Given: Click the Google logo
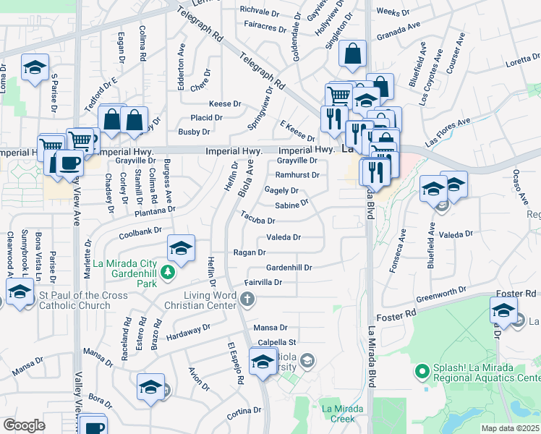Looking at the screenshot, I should [x=24, y=425].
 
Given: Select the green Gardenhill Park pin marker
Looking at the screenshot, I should [x=168, y=273].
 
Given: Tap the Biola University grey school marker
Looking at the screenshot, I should [x=307, y=359].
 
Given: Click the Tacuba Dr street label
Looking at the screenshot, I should [x=258, y=219].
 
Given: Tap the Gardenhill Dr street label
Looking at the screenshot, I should [x=289, y=267].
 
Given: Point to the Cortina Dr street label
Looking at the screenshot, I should [x=244, y=412].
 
